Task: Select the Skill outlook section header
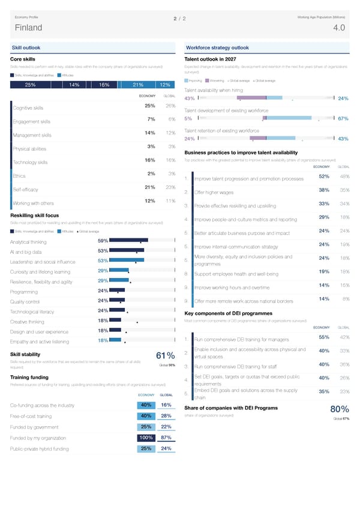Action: [26, 48]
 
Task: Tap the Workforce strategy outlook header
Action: [218, 48]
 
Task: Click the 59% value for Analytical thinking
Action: [103, 241]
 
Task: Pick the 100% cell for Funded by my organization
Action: [146, 438]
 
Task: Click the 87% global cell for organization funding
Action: [167, 438]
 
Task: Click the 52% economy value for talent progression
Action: [323, 176]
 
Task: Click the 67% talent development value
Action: [343, 119]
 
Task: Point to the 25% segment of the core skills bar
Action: [30, 85]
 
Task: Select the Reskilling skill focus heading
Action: [35, 215]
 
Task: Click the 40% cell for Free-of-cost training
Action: [146, 416]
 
